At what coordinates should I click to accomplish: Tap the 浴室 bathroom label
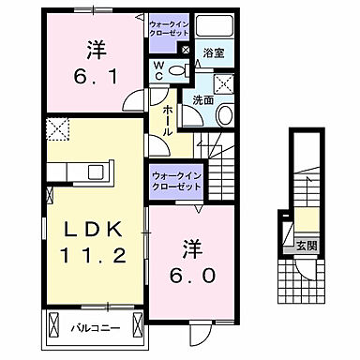(214, 55)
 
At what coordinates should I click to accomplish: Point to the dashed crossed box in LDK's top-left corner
(58, 130)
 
